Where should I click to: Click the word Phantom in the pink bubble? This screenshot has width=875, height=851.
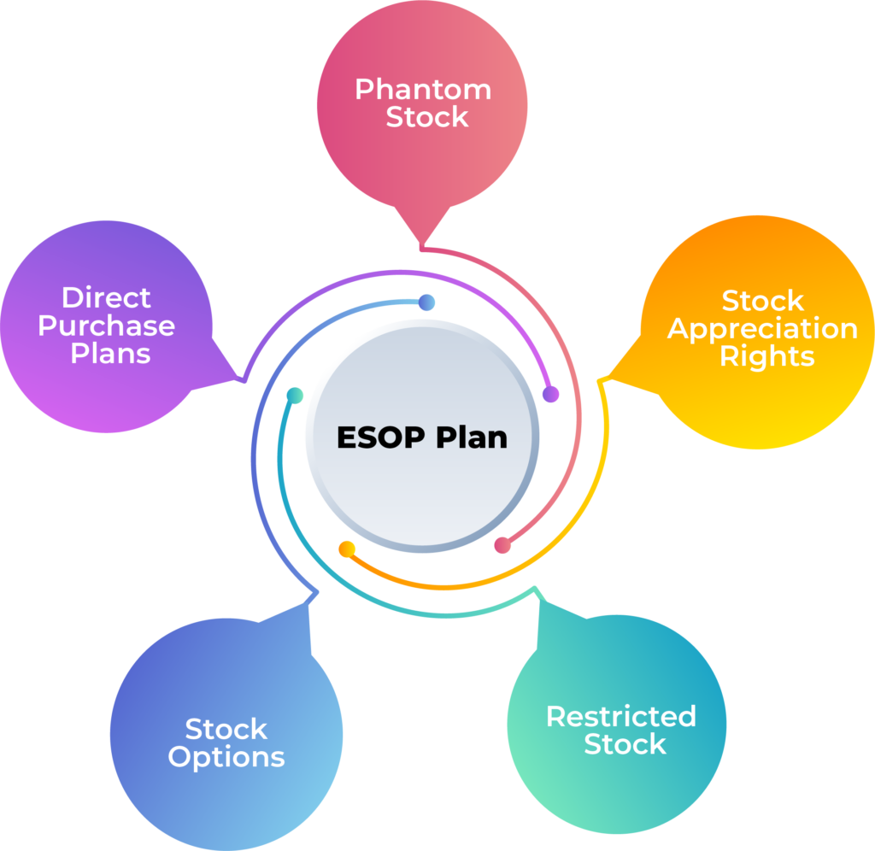click(x=423, y=89)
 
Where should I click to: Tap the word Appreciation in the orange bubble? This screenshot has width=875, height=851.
click(x=762, y=328)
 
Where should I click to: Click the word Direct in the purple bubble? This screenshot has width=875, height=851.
click(x=106, y=297)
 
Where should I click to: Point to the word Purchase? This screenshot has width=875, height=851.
click(x=107, y=326)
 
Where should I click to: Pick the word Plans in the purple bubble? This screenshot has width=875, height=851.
click(x=110, y=353)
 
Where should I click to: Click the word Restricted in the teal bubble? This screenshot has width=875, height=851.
click(x=621, y=716)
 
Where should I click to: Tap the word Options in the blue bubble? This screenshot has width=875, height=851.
click(x=226, y=757)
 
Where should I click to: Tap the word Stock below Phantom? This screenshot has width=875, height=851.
click(x=427, y=117)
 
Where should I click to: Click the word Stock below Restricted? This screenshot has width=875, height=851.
click(x=625, y=744)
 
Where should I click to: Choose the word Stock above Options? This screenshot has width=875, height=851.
click(x=226, y=729)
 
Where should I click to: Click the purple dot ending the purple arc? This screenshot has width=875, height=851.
click(x=551, y=395)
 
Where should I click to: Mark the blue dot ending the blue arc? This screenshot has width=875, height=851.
click(x=427, y=302)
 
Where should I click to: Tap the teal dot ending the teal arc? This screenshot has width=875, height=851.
click(x=295, y=396)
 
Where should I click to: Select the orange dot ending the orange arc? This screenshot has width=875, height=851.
click(x=347, y=549)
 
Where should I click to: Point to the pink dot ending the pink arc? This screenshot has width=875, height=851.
click(x=502, y=545)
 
